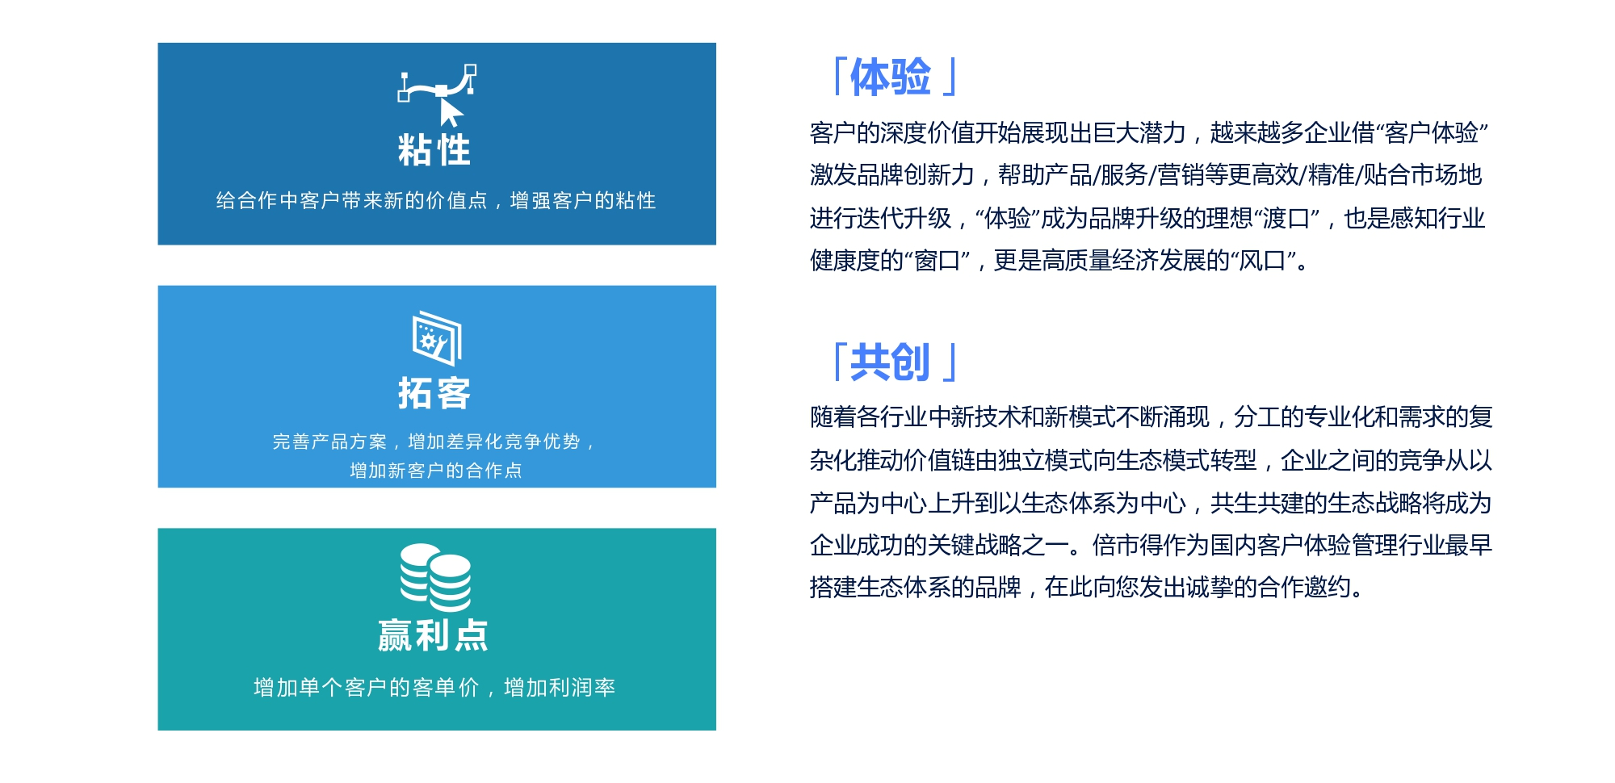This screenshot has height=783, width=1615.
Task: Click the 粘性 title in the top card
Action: (x=434, y=150)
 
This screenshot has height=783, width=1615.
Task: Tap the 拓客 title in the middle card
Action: (x=434, y=393)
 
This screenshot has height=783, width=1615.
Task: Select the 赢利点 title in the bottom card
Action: (x=434, y=635)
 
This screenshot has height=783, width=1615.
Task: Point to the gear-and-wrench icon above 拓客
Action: (x=437, y=338)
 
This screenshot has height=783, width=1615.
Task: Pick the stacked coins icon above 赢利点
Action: (x=435, y=577)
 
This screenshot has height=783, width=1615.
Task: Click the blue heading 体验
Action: (x=891, y=77)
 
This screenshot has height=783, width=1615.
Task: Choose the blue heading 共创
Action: (x=891, y=362)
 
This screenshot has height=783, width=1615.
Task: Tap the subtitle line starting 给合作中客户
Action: (x=436, y=200)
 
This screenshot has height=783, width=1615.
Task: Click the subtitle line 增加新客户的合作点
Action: (x=436, y=471)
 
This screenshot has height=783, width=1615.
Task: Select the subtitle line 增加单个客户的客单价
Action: (x=367, y=687)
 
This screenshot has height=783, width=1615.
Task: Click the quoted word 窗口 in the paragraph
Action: (x=937, y=261)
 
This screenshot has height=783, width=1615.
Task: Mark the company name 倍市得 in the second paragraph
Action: (x=1127, y=546)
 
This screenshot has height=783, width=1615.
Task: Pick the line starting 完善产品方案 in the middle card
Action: (x=434, y=442)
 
